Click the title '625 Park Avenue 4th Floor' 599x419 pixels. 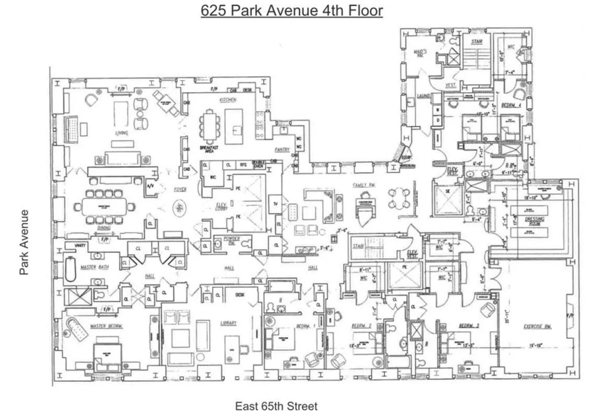[x=291, y=10]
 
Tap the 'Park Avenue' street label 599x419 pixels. [x=24, y=242]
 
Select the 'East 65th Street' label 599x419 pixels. [x=276, y=406]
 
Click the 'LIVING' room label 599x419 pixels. [x=121, y=134]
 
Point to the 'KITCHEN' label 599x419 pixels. [x=228, y=100]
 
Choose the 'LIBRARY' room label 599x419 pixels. [x=229, y=323]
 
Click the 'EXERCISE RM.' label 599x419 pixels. [x=538, y=327]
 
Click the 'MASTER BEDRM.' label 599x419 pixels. [x=106, y=326]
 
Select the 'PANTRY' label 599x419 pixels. [x=282, y=150]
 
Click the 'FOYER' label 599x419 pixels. [x=180, y=189]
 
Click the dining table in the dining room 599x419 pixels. [x=108, y=206]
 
